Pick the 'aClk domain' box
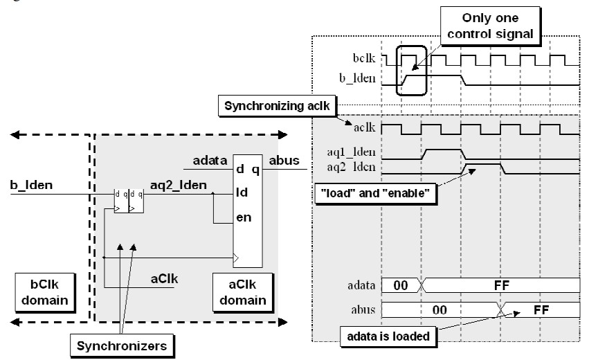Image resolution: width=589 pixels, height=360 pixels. [243, 293]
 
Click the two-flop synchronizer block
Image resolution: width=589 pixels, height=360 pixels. [129, 201]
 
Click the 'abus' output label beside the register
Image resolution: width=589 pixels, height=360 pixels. [284, 161]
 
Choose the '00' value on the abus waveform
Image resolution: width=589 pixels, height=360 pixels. [439, 310]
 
